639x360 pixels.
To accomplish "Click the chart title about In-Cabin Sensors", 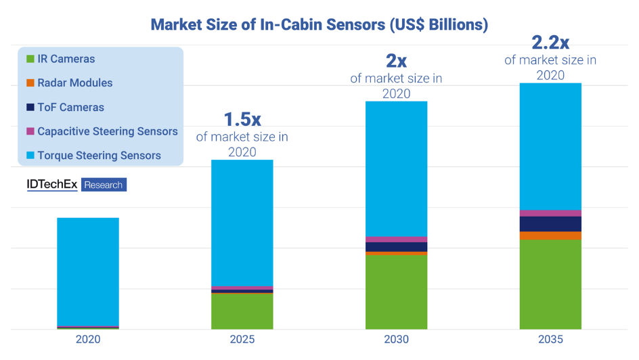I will point(319,25).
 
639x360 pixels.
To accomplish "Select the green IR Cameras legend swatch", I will point(30,60).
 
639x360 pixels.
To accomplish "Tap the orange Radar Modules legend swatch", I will point(30,83).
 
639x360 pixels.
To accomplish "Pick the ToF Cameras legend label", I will point(70,107).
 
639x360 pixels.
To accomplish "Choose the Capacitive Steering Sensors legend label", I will point(108,131).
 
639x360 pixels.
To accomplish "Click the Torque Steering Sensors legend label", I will point(99,156).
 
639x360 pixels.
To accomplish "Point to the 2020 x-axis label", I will point(88,339).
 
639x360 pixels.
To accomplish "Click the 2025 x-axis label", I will point(242,339).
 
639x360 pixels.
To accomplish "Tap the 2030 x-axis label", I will point(396,339).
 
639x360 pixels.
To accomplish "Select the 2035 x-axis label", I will point(550,339).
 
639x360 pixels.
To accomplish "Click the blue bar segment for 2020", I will point(88,271).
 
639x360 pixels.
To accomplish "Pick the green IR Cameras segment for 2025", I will point(242,311).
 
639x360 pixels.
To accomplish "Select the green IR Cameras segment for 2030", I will point(396,292).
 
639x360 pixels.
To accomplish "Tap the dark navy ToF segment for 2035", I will point(550,224).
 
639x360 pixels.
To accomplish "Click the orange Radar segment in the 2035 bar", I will point(550,235).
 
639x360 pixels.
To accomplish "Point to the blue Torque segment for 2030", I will point(396,169).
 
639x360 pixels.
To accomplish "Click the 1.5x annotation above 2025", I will point(242,119).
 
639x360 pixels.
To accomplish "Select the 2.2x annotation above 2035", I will point(550,43).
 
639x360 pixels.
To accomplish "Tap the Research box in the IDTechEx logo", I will point(104,185).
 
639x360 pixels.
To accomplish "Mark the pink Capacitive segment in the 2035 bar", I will point(550,213).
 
